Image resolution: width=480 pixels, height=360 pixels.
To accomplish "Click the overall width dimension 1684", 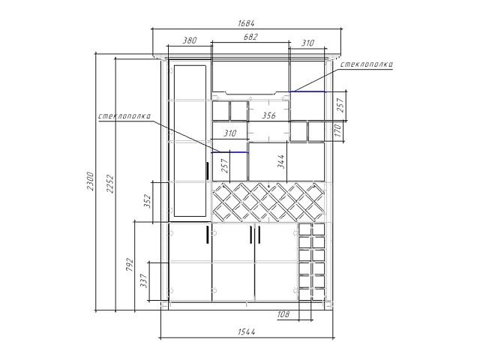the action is point(246,23).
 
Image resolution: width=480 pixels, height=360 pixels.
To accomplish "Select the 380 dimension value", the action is point(190,40).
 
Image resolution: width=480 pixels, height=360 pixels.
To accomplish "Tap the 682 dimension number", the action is point(250,37).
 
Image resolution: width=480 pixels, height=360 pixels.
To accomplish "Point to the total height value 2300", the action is point(90,181).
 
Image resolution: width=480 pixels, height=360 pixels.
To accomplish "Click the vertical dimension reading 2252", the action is point(110,184).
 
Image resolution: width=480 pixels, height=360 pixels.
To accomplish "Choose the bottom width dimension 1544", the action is point(247,331).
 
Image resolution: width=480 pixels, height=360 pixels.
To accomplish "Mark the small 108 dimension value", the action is point(283,314).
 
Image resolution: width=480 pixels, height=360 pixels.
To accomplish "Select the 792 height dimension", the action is point(130,265).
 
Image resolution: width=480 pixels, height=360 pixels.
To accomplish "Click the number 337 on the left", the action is point(143,280).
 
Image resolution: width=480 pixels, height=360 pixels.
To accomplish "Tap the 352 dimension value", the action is point(148,201).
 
